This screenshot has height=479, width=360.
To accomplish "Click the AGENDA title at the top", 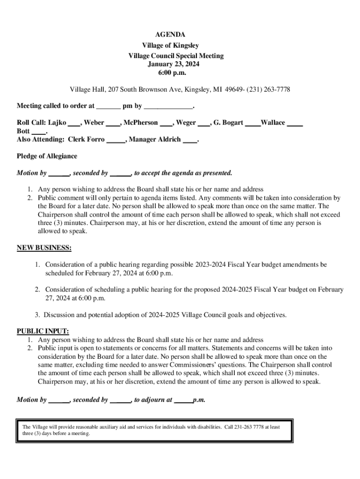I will click(170, 35).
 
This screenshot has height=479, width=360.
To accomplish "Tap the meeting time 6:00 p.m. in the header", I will click(170, 73).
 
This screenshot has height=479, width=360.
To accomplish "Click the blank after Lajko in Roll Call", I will click(73, 123).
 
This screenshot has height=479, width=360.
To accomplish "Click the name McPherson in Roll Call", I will click(141, 123).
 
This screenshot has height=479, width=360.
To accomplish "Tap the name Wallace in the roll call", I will click(273, 123).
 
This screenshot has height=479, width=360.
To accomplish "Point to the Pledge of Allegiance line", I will click(47, 156).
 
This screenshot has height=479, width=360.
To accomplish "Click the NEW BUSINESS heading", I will click(44, 247).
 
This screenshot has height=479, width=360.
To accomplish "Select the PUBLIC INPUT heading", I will click(43, 331).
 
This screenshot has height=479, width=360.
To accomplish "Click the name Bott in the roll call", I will click(23, 131).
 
